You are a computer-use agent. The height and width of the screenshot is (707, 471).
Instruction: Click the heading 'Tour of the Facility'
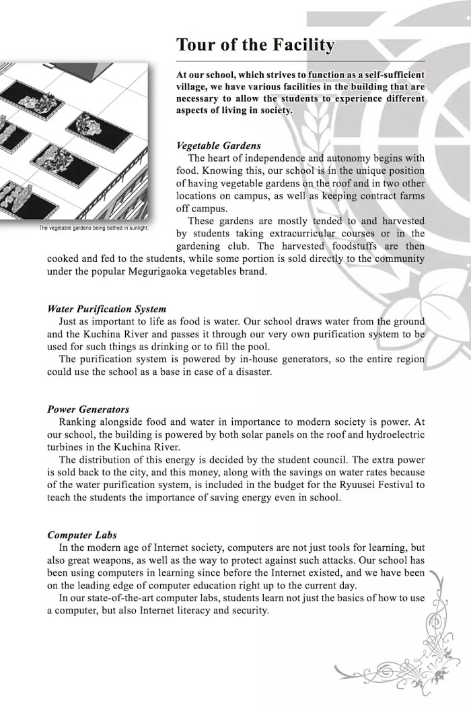255,44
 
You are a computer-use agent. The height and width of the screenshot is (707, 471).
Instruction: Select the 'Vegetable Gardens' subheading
218,145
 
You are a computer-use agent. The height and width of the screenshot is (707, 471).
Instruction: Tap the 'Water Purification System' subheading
106,309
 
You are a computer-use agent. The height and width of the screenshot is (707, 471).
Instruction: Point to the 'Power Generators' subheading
88,409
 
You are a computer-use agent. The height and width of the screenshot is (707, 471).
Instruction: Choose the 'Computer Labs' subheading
82,535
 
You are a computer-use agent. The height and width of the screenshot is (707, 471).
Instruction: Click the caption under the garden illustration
94,228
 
